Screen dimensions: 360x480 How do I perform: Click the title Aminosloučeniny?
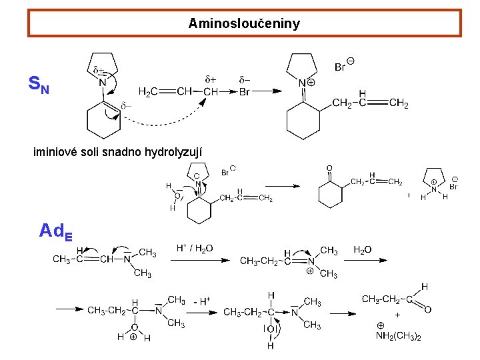244,24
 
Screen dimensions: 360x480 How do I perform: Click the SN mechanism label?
39,85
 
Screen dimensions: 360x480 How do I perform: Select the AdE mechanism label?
56,231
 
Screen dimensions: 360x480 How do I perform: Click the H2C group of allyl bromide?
148,91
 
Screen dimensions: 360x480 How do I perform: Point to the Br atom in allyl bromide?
244,92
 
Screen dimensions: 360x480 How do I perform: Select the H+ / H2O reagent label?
195,248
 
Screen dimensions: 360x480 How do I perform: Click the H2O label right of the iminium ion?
363,250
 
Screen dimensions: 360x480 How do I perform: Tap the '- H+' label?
201,301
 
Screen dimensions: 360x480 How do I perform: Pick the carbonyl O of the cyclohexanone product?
329,168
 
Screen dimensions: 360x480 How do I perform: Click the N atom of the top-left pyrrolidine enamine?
102,83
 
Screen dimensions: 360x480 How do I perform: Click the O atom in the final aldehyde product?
427,309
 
